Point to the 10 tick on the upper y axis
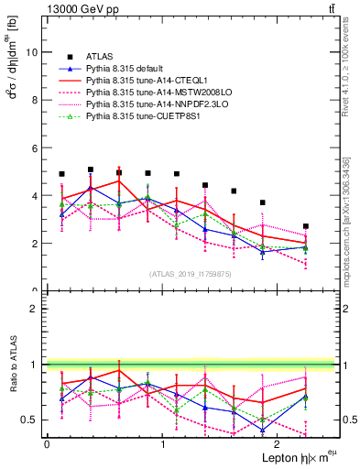tap(34, 52)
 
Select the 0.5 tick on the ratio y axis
tap(33, 420)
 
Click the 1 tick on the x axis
tap(162, 443)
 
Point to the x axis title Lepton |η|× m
tap(297, 456)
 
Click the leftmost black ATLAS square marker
tap(61, 174)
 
